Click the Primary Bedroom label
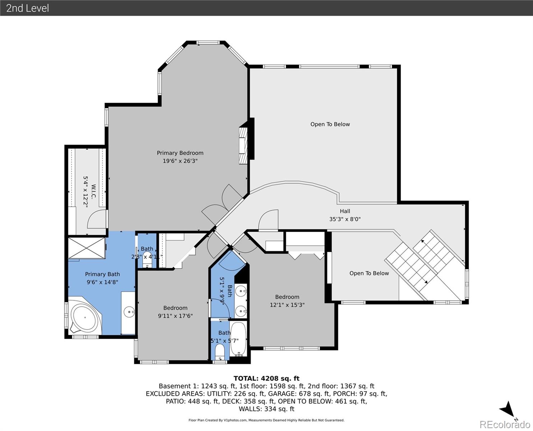(x=180, y=153)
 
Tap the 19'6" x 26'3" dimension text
(x=180, y=161)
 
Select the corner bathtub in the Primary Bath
(x=85, y=318)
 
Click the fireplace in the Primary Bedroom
(x=244, y=145)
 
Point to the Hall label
(x=345, y=211)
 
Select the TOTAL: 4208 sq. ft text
(x=266, y=378)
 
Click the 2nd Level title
(x=28, y=8)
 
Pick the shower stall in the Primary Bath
(x=87, y=247)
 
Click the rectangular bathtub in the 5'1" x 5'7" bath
(x=238, y=338)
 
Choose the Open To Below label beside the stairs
(x=369, y=273)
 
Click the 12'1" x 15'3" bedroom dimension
(x=287, y=305)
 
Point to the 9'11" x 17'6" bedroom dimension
(x=175, y=316)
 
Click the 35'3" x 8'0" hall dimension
(x=345, y=219)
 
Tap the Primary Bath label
(x=102, y=274)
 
